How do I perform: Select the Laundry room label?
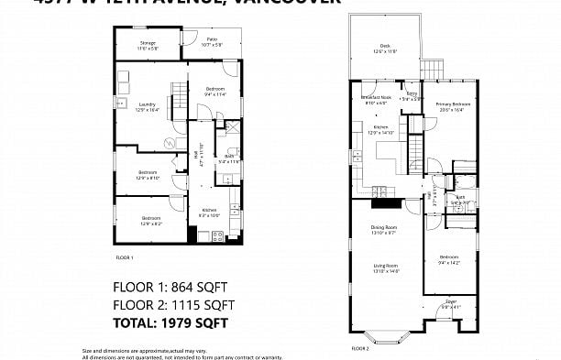(x=147, y=106)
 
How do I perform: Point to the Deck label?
(x=384, y=49)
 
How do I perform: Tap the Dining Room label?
(x=383, y=229)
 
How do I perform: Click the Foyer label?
(x=450, y=302)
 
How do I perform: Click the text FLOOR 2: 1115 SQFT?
(x=173, y=304)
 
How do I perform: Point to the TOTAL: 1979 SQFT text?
(x=170, y=322)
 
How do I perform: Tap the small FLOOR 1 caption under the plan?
(x=124, y=257)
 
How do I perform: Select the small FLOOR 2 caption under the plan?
(x=360, y=349)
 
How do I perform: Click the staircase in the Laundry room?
(x=177, y=91)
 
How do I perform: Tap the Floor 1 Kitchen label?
(x=209, y=213)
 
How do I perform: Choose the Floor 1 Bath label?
(x=229, y=158)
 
